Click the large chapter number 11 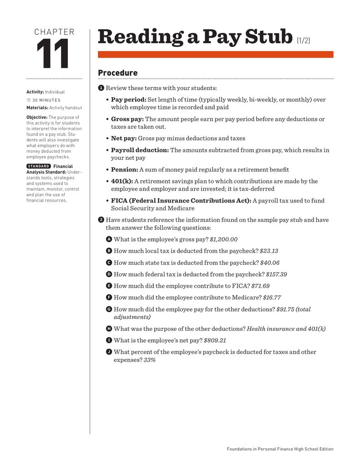(53, 55)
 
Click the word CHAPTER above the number (54, 32)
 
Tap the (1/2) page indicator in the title (304, 41)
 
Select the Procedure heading (117, 73)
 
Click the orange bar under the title (215, 55)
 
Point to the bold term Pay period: (128, 100)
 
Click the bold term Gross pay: (127, 119)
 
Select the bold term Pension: (124, 169)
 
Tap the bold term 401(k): (122, 181)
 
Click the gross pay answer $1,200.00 (223, 239)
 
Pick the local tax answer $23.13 (269, 251)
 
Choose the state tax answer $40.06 (270, 263)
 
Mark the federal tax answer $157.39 (277, 274)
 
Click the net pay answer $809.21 (215, 340)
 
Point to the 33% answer (150, 360)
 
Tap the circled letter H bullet (109, 329)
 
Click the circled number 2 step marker (101, 220)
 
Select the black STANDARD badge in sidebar (38, 167)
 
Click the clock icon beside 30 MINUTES (28, 100)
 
